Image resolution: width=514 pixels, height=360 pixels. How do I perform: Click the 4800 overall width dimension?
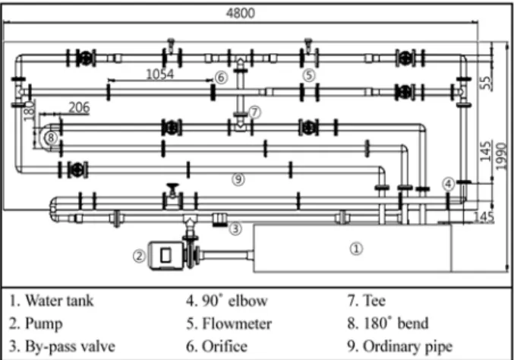click(240, 13)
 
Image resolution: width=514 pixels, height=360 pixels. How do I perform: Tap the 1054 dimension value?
click(159, 74)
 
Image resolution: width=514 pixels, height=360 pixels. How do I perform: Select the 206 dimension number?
click(79, 107)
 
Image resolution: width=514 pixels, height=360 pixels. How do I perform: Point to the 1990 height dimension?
click(501, 156)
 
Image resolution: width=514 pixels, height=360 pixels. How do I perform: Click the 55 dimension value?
click(487, 83)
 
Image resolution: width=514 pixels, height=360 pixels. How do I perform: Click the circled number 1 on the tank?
click(356, 248)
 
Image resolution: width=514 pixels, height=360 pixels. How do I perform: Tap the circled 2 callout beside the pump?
click(139, 256)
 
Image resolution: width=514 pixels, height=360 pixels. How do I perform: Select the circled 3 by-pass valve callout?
click(235, 229)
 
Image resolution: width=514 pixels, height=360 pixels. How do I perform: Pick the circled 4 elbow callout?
click(449, 184)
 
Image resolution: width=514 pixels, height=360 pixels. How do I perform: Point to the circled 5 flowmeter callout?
click(309, 75)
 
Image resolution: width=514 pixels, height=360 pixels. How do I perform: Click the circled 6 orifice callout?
click(221, 77)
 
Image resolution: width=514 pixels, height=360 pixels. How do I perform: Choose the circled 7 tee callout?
click(254, 112)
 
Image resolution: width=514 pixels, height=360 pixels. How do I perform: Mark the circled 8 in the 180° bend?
click(51, 137)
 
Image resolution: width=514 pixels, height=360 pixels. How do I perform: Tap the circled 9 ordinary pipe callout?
click(238, 179)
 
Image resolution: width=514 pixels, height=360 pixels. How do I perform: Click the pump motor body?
click(166, 256)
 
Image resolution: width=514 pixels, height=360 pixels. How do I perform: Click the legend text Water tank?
click(59, 301)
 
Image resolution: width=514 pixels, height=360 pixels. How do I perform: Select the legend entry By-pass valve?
click(62, 347)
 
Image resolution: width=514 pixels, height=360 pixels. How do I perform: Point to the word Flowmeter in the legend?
click(237, 324)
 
